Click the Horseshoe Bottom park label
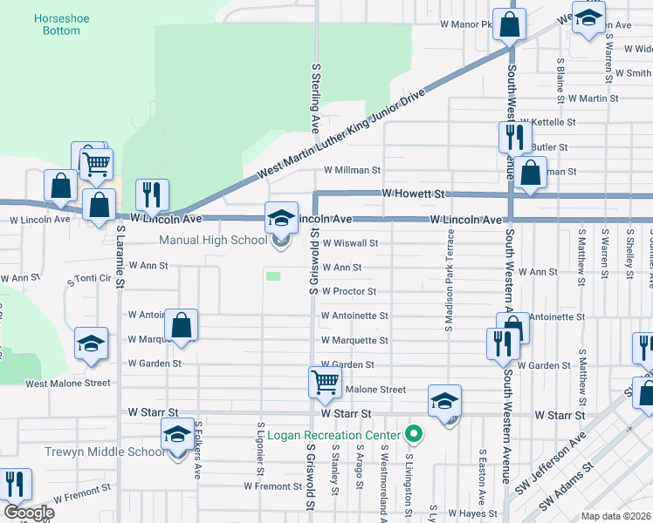pos(58,24)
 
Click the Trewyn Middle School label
pos(105,452)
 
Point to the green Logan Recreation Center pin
pos(415,433)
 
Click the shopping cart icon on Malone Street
pos(324,382)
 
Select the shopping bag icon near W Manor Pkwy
pos(509,24)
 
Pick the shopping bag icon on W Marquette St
pos(181,326)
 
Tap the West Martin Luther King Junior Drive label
pos(342,135)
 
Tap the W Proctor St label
pos(348,291)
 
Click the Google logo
pos(29,512)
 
